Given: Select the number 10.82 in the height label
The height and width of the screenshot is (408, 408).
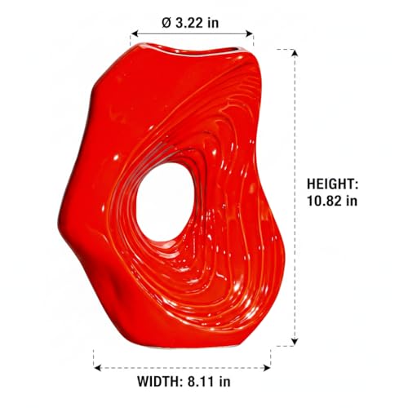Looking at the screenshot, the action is [x=323, y=201].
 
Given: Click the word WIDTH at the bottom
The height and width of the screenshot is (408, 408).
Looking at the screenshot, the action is [x=157, y=381].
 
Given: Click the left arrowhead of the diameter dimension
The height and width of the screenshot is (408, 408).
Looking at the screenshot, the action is [x=135, y=33].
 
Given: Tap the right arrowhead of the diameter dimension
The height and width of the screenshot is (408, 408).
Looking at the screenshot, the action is [x=250, y=33].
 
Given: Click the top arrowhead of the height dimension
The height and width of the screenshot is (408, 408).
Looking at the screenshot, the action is [x=295, y=53].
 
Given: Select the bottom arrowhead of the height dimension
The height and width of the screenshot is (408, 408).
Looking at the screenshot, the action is [x=295, y=342].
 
